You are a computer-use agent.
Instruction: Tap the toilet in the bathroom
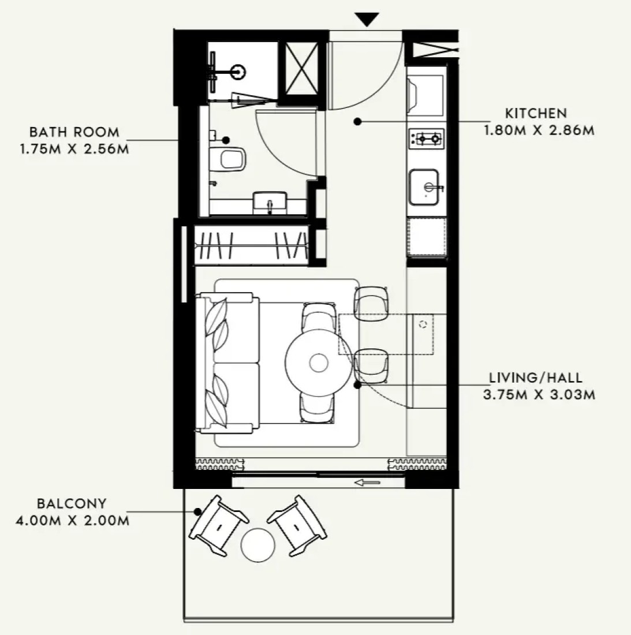pos(227,158)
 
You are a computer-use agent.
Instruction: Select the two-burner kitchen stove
pos(427,139)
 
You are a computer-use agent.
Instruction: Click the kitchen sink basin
pos(424,188)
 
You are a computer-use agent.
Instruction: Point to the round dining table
pos(319,363)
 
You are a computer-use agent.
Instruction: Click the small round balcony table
pos(258,545)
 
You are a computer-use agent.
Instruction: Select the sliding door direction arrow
pos(367,483)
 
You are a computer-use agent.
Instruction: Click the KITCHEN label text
pos(535,113)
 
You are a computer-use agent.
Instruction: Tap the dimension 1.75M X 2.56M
pos(74,149)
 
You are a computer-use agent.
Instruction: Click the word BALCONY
pos(72,503)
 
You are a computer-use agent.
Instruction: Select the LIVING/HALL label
pos(536,378)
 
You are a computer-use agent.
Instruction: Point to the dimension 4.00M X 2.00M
pos(73,520)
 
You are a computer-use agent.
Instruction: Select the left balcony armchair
pos(219,525)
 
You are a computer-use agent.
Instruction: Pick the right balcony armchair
pos(297,525)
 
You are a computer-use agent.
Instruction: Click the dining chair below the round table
pos(317,408)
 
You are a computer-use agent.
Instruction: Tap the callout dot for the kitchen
pos(357,121)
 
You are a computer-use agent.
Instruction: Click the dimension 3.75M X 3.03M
pos(539,394)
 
